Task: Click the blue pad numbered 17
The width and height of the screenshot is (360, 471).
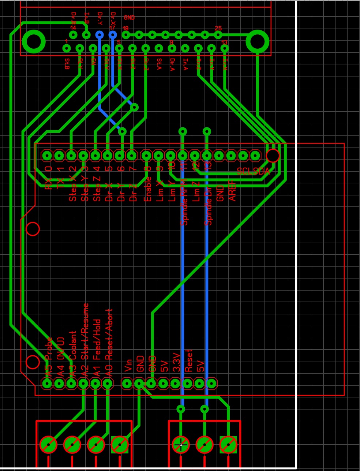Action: coord(113,35)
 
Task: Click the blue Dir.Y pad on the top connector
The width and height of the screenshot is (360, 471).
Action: coord(99,35)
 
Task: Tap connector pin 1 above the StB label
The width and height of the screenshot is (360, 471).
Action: coord(67,48)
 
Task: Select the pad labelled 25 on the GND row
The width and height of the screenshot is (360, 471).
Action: coord(218,35)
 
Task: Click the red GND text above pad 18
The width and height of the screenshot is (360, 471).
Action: coord(129,18)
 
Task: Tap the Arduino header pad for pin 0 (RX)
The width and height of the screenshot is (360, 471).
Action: coord(47,156)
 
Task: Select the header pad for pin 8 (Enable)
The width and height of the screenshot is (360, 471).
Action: coord(147,156)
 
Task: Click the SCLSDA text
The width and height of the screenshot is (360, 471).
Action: coord(253,171)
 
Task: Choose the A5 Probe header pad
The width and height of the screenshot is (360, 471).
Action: coord(47,384)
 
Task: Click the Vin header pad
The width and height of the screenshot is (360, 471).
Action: coord(127,384)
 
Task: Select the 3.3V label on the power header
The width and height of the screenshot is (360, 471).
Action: coord(177,362)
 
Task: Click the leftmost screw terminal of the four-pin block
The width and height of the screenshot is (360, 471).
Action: coord(48,445)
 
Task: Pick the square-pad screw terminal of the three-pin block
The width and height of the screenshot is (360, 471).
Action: coord(228,445)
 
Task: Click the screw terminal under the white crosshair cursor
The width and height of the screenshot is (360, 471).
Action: coord(181,445)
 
